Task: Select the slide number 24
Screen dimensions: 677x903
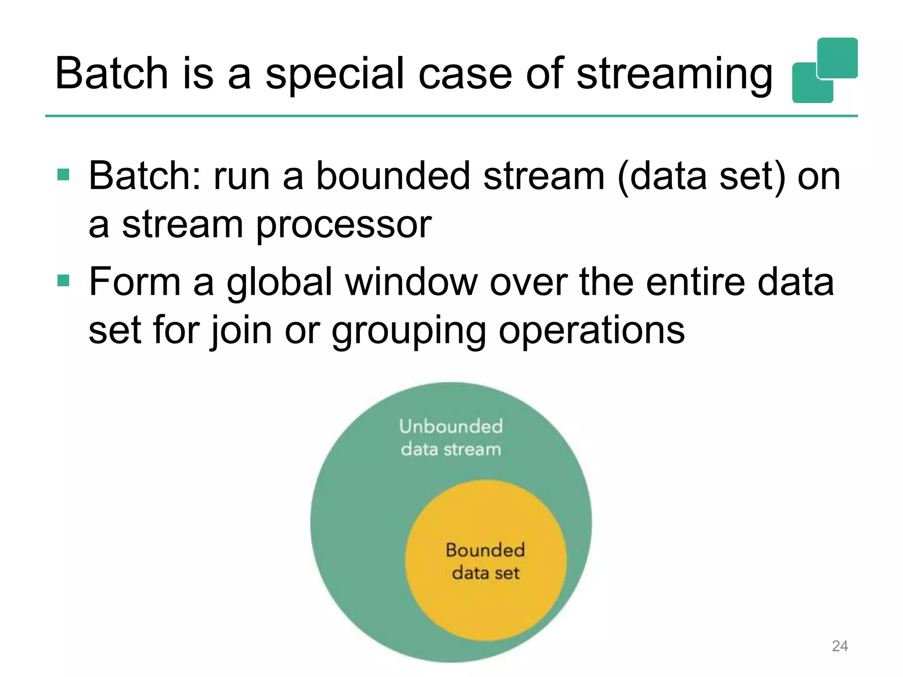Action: (x=840, y=646)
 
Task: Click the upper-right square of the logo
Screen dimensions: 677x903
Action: (x=837, y=58)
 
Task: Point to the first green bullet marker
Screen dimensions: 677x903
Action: (x=63, y=175)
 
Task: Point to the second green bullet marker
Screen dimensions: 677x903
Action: (x=63, y=280)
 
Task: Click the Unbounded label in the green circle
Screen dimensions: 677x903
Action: (x=451, y=427)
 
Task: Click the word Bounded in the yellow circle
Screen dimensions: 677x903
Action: (x=485, y=550)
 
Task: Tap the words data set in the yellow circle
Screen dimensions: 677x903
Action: (x=485, y=573)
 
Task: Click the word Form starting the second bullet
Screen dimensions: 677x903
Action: (x=134, y=282)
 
